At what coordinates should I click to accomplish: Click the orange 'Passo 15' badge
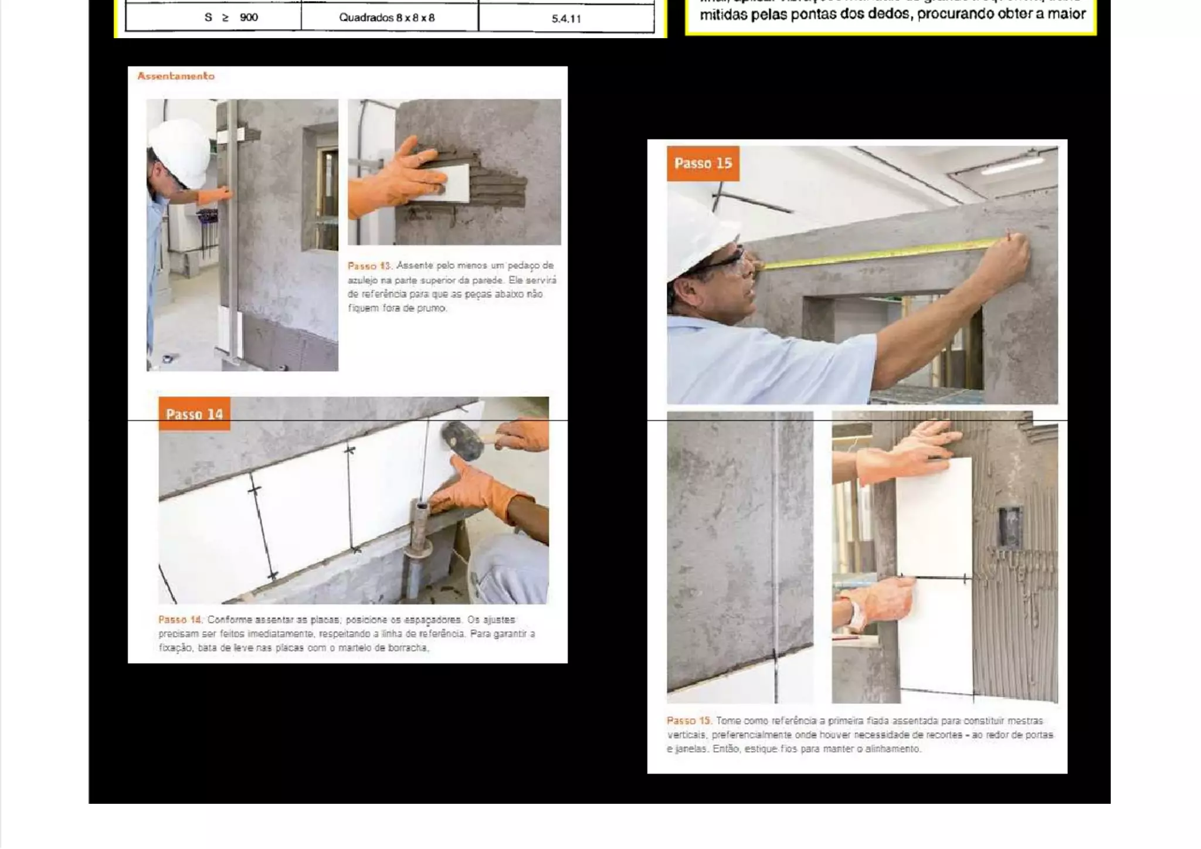pos(703,164)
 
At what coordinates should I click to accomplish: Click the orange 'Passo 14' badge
pos(194,414)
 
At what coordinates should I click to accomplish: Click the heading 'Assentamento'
pos(176,76)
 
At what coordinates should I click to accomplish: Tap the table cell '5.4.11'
pos(566,19)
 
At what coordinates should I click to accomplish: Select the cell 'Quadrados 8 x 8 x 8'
pos(387,18)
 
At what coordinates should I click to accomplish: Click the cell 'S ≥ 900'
pos(231,18)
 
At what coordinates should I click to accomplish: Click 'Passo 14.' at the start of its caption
pos(180,620)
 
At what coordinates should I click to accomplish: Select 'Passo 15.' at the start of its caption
pos(688,721)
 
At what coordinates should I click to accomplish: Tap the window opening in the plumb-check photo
pos(320,188)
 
